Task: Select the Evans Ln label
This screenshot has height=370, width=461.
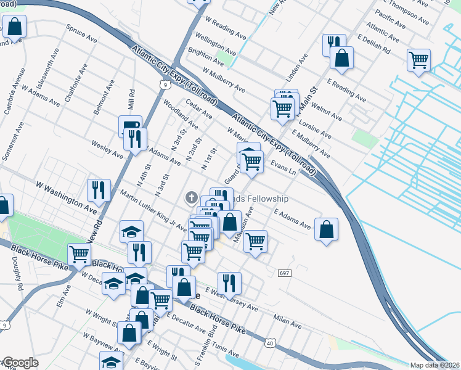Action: (x=284, y=167)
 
